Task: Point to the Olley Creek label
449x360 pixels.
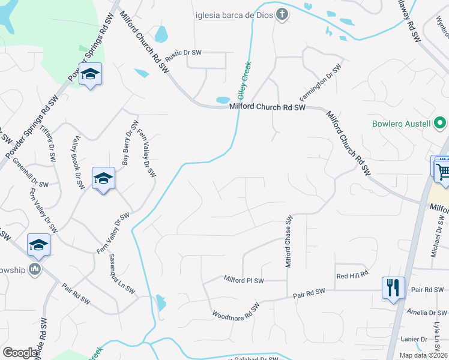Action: click(x=246, y=82)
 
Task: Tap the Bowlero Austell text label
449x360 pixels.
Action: click(x=401, y=124)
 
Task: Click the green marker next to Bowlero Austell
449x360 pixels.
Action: click(x=440, y=124)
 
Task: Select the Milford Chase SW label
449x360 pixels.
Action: click(x=288, y=242)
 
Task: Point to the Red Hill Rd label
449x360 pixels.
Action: click(x=352, y=276)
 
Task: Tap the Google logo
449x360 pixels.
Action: click(x=20, y=353)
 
